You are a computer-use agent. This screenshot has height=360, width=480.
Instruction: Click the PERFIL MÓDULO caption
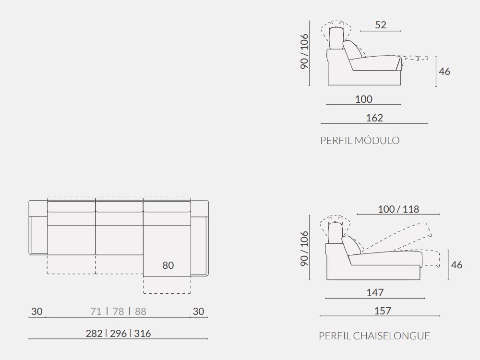click(360, 141)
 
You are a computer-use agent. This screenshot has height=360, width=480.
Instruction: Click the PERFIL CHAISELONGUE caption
click(374, 336)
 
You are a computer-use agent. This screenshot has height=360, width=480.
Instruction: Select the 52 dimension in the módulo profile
click(381, 25)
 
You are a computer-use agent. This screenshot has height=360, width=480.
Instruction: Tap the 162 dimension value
click(374, 118)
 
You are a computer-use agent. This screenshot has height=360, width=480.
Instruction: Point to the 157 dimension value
click(382, 311)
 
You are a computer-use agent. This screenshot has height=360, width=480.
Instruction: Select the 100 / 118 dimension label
click(398, 209)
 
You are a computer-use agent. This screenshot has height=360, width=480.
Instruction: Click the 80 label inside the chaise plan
click(168, 265)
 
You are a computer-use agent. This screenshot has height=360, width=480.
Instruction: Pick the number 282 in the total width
click(95, 334)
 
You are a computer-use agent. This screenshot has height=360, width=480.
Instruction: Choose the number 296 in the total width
click(118, 334)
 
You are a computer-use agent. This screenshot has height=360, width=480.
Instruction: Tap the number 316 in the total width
click(143, 334)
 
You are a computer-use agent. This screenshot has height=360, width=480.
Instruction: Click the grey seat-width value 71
click(96, 312)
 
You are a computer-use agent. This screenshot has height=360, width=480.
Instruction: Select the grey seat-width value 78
click(118, 312)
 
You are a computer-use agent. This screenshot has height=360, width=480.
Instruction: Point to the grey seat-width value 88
click(140, 312)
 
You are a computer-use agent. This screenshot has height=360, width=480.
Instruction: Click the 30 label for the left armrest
click(37, 312)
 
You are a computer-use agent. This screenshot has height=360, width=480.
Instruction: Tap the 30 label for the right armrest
click(198, 312)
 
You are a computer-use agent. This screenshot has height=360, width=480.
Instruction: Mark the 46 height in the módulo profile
click(444, 72)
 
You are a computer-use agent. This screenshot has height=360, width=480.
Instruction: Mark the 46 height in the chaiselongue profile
click(457, 264)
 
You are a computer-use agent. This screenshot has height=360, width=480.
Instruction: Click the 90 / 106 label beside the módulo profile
click(305, 51)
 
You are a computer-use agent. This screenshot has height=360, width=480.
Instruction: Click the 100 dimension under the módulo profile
click(364, 99)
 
